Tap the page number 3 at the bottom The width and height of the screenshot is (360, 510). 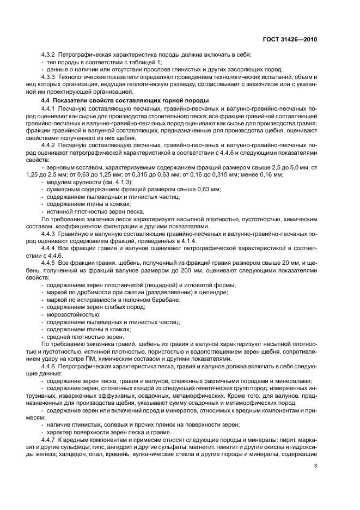(316, 465)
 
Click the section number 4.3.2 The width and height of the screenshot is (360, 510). (51, 56)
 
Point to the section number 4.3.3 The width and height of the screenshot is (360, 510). (51, 78)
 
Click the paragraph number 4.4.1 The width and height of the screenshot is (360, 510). (51, 110)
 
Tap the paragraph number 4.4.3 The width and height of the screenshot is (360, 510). (51, 233)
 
